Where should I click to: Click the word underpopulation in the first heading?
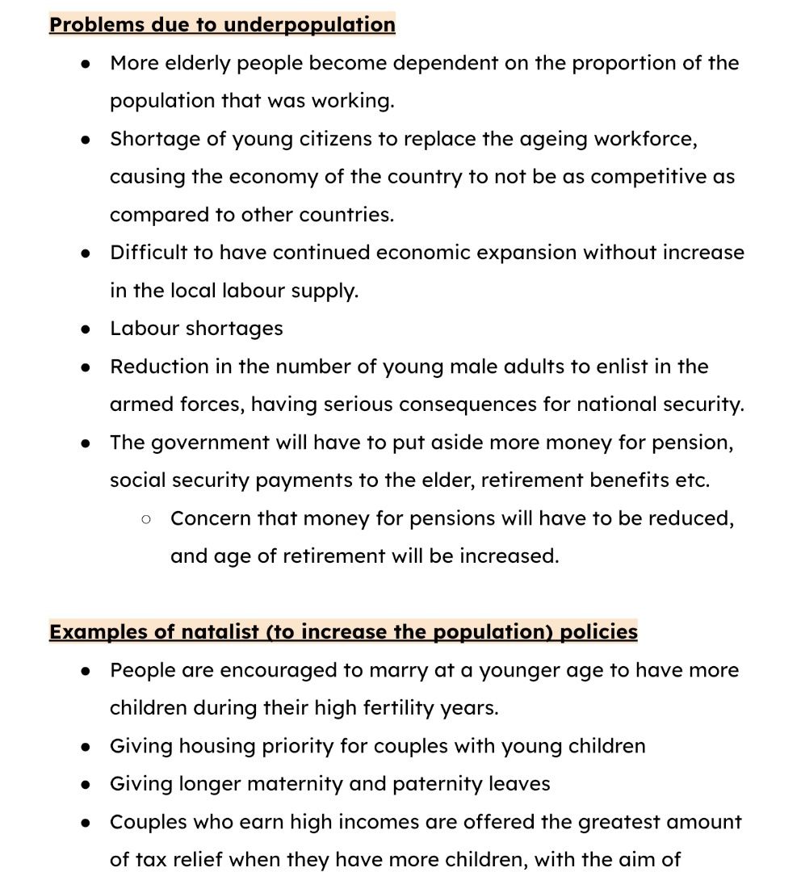click(x=308, y=24)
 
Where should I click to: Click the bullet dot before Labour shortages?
click(x=86, y=329)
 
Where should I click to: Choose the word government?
click(x=200, y=442)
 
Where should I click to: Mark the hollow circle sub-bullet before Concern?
click(x=146, y=519)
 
